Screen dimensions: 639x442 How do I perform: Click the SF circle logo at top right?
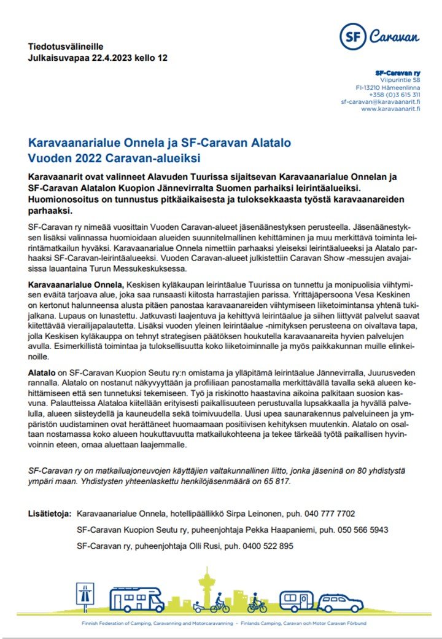[354, 36]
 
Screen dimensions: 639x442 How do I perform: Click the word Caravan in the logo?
[394, 36]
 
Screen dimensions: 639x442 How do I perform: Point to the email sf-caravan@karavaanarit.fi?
[381, 101]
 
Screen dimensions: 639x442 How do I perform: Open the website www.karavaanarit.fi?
[390, 109]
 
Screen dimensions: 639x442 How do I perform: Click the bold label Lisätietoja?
[50, 513]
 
